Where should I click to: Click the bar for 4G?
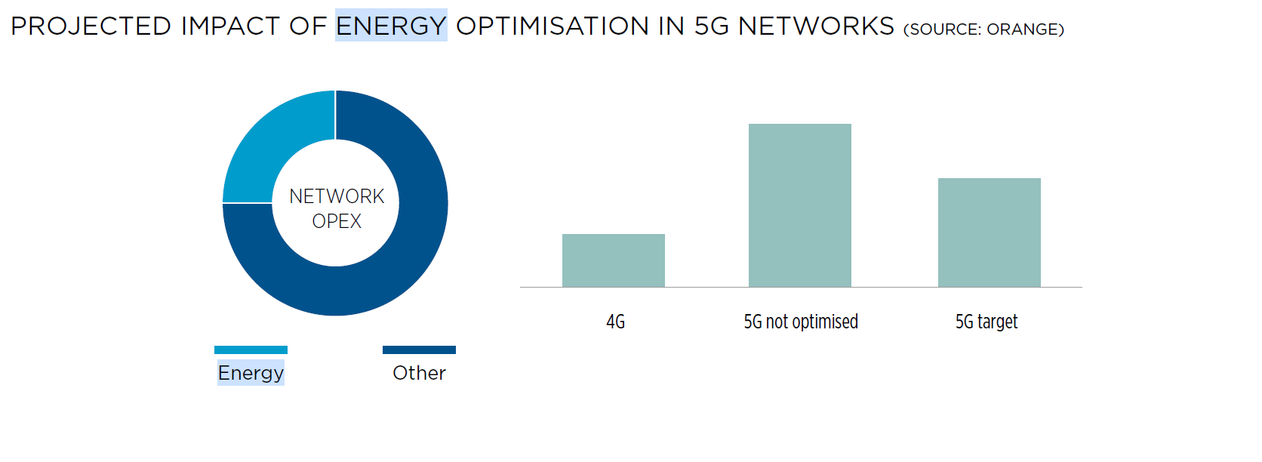click(614, 260)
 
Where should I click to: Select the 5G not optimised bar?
click(800, 205)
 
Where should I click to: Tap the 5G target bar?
click(990, 233)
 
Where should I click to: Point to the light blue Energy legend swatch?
click(251, 350)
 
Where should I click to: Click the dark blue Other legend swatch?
click(419, 350)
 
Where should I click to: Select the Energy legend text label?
click(251, 373)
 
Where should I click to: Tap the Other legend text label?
click(419, 373)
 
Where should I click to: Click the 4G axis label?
click(616, 322)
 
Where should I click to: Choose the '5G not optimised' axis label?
click(801, 322)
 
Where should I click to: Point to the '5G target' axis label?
click(987, 322)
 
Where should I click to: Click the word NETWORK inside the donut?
click(337, 196)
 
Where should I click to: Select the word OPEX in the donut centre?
click(337, 221)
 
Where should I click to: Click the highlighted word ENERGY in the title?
click(391, 26)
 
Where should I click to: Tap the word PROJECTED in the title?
click(91, 26)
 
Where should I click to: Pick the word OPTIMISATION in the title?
click(553, 26)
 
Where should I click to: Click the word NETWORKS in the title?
click(817, 26)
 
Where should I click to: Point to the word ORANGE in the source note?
click(1023, 29)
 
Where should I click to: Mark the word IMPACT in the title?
click(230, 26)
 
